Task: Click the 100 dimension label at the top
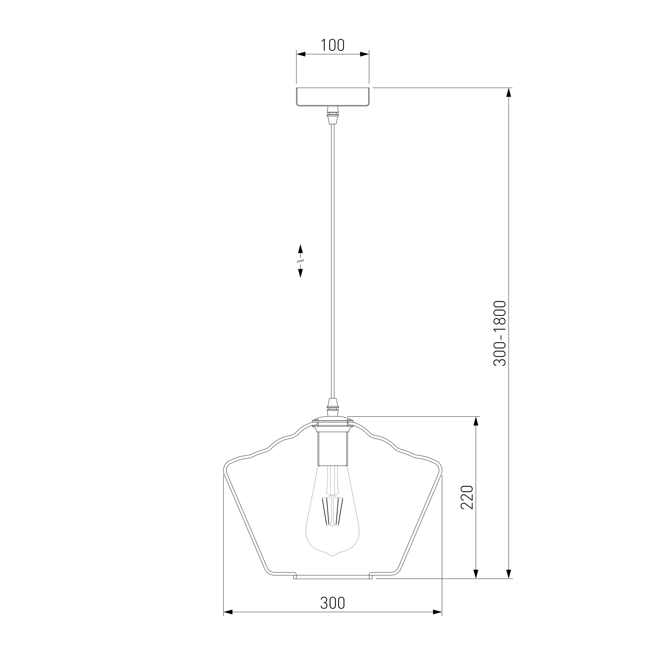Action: point(332,45)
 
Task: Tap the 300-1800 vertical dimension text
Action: point(500,333)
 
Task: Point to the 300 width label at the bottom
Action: point(332,603)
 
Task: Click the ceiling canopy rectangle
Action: point(332,96)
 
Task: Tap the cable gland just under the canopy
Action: point(332,115)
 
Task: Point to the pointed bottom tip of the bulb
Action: point(332,565)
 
